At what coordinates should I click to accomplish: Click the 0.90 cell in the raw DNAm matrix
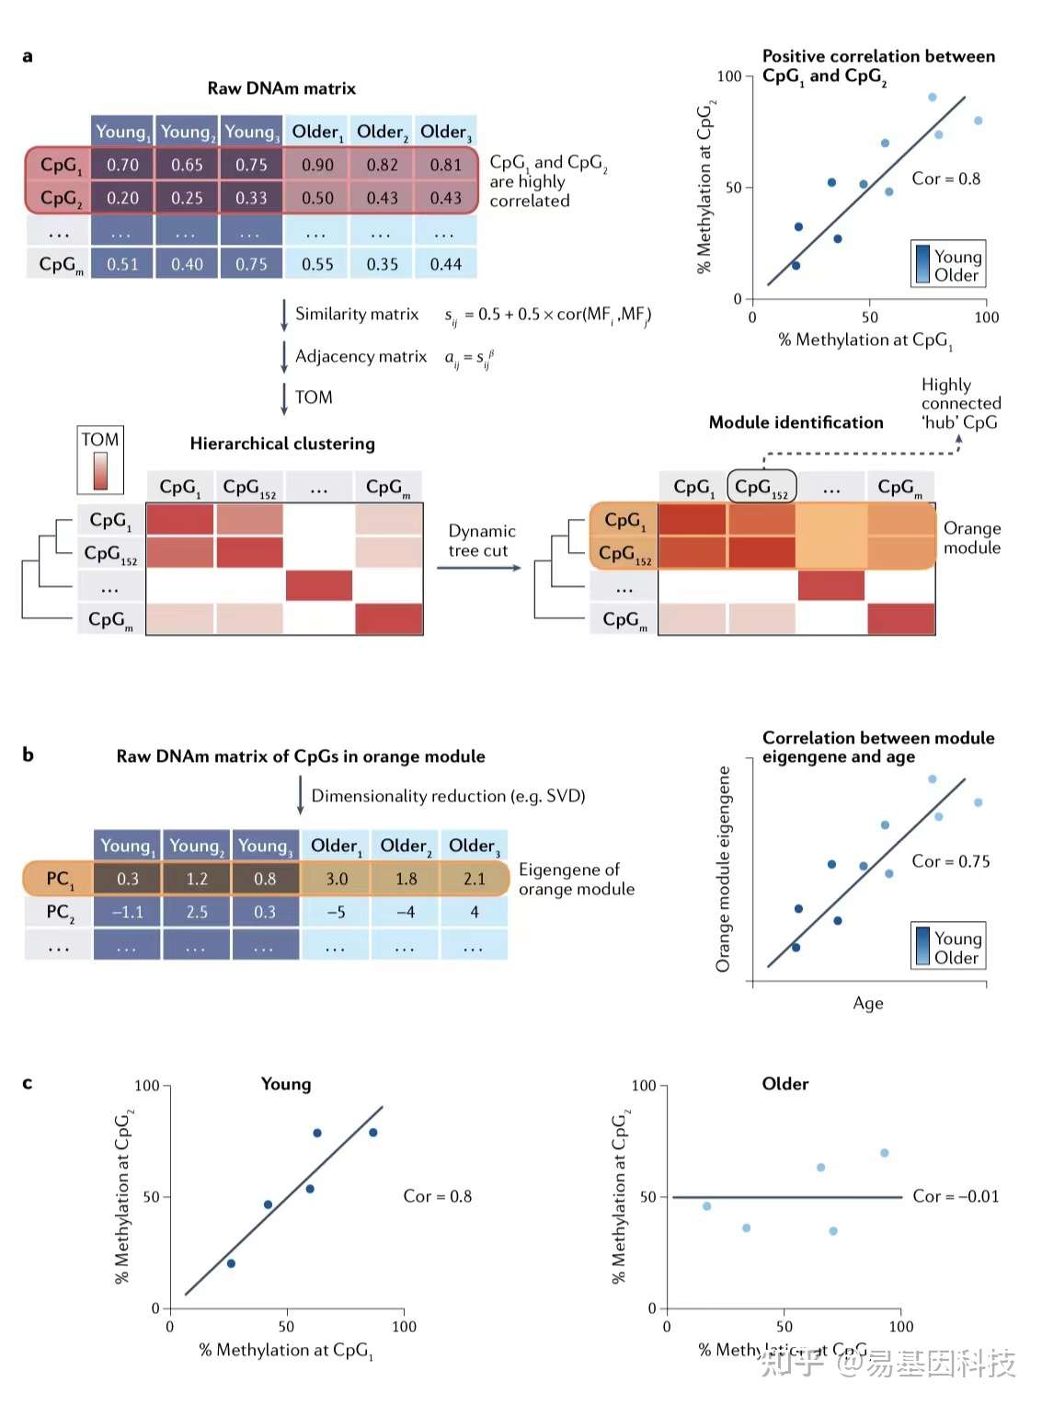[317, 166]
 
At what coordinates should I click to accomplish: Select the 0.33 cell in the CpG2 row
[251, 198]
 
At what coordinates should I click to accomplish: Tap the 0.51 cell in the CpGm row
[122, 265]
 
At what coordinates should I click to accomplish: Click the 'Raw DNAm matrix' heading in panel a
[281, 88]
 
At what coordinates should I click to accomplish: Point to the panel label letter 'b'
[28, 754]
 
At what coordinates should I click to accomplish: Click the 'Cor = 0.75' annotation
[950, 861]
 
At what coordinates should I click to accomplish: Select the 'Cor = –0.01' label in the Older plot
[955, 1196]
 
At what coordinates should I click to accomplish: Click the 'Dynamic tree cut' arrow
[478, 568]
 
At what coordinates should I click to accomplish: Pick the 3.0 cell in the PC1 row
[337, 879]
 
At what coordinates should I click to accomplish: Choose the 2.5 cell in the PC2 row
[197, 912]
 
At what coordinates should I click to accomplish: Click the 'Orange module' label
[972, 538]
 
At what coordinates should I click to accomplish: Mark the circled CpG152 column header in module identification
[761, 487]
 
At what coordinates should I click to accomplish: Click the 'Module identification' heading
[796, 422]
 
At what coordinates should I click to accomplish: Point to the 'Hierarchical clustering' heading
[282, 443]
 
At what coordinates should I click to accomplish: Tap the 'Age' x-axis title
[867, 1003]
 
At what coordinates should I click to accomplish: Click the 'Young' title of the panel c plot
[286, 1084]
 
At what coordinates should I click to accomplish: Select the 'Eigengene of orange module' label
[576, 880]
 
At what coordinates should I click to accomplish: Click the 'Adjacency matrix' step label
[361, 356]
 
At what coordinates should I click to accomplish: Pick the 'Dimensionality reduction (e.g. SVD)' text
[448, 796]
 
